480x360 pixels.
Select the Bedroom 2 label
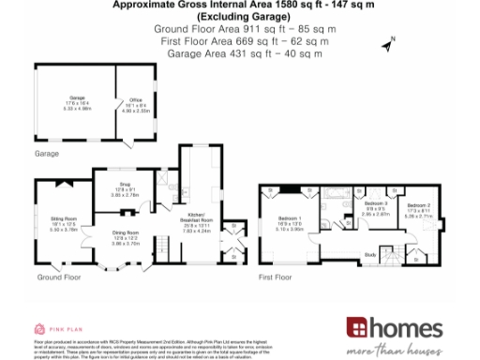click(x=419, y=207)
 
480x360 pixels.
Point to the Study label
click(x=370, y=254)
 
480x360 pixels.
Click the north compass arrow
click(x=388, y=42)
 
